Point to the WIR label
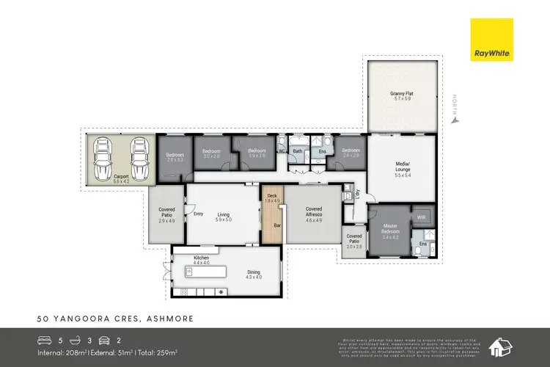420,218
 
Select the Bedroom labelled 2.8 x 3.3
175,157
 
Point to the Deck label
271,197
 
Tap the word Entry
198,214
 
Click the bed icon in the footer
43,341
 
